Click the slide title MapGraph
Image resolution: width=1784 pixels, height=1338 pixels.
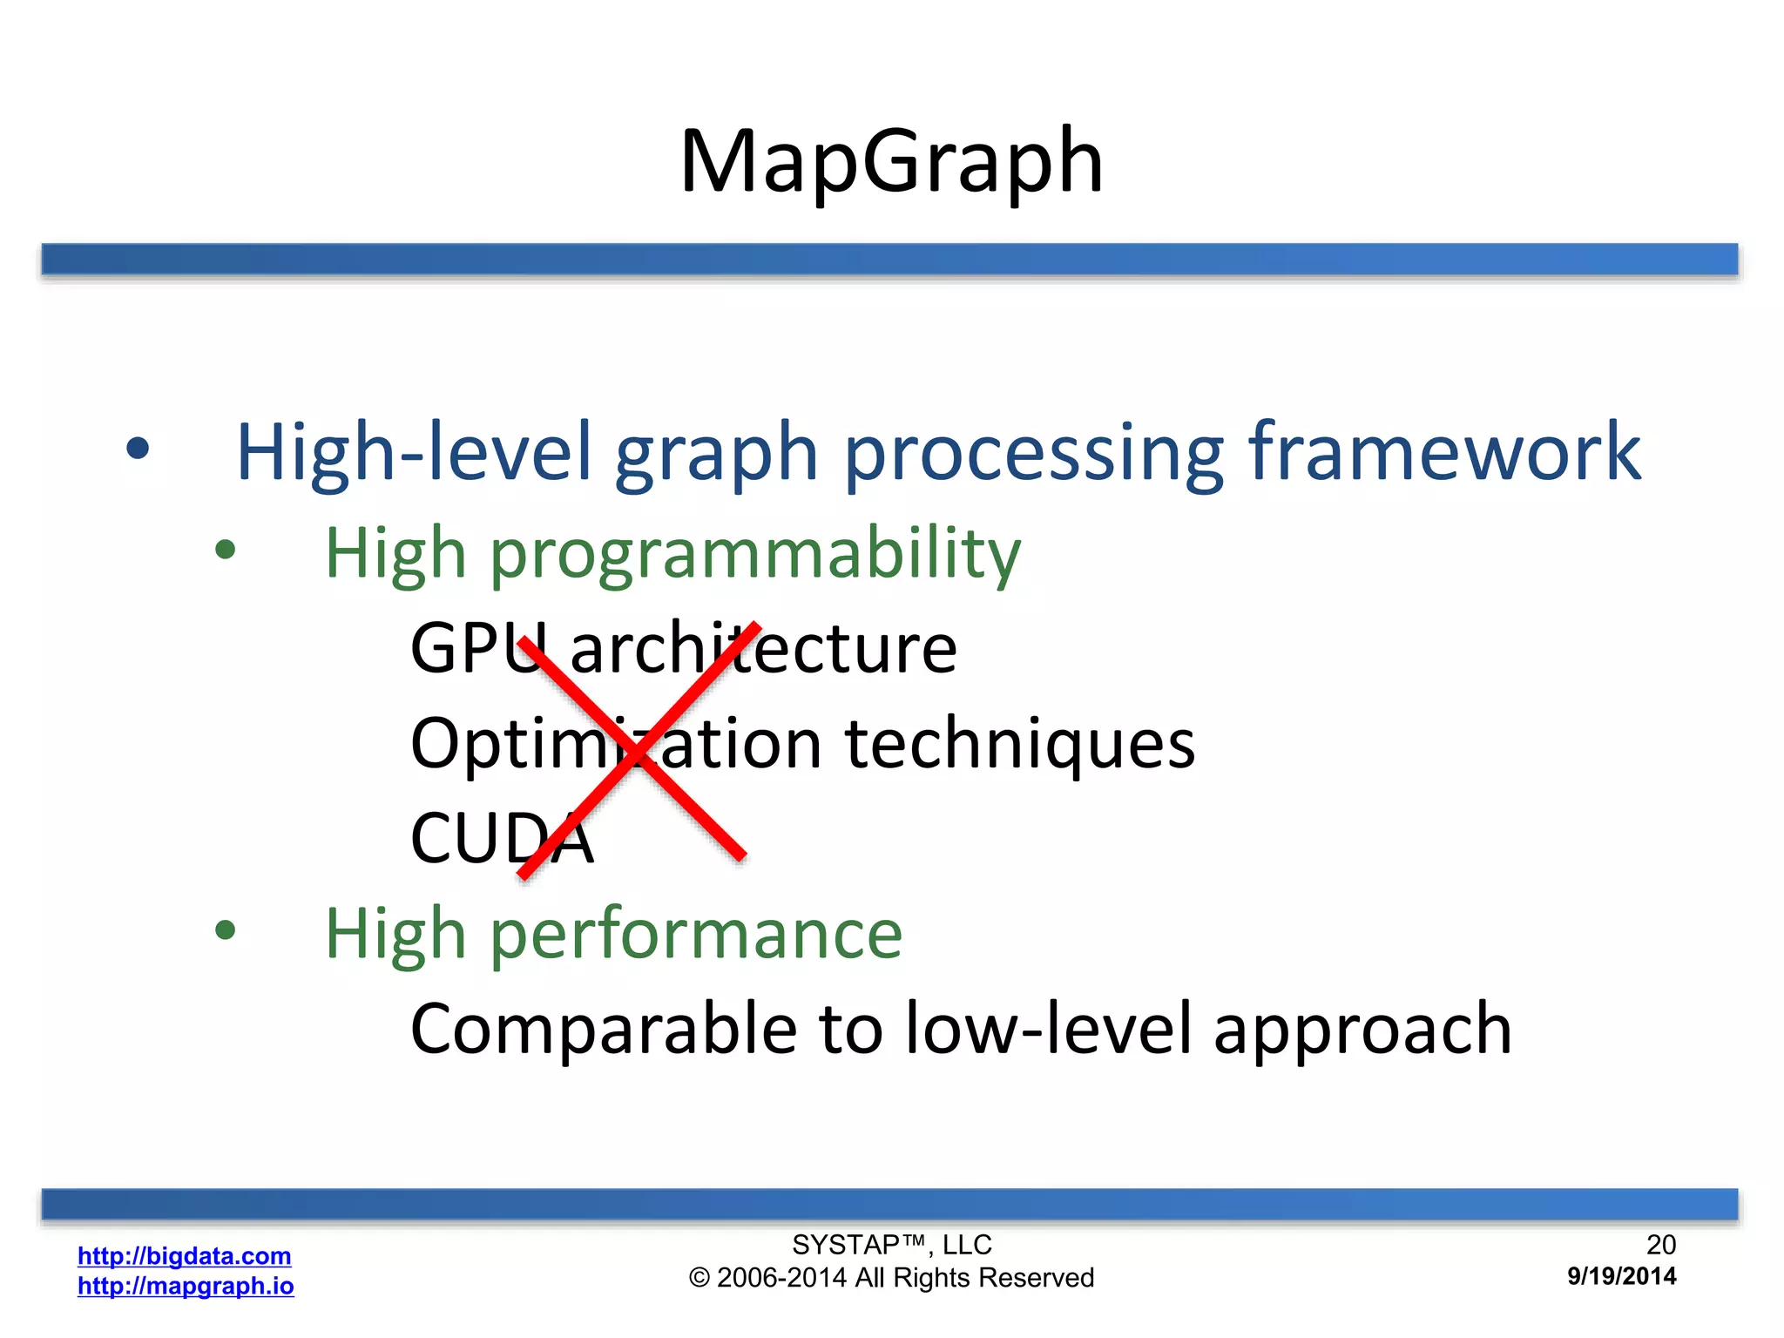891,162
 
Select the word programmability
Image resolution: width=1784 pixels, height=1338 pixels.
754,555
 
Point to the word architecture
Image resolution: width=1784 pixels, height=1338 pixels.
763,649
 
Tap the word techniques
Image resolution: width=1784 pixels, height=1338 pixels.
1020,746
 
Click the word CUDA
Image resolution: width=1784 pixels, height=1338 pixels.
502,838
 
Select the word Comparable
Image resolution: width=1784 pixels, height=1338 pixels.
603,1029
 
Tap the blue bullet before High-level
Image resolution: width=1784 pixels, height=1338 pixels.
138,449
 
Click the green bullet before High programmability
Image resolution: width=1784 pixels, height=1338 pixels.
226,550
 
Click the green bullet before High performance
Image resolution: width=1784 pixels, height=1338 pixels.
226,930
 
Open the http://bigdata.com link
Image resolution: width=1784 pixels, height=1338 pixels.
184,1255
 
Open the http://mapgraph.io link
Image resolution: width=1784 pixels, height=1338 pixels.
186,1286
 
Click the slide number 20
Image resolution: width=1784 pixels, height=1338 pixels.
1660,1244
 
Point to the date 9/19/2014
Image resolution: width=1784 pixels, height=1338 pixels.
1621,1276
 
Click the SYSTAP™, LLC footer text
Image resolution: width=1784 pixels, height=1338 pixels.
891,1244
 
